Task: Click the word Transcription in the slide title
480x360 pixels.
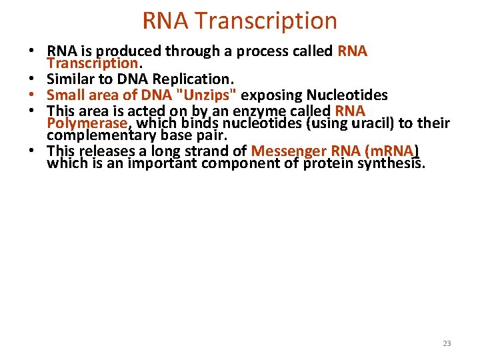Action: tap(267, 21)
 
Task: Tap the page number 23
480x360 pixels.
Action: tap(447, 343)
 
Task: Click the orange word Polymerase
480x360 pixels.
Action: tap(87, 123)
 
